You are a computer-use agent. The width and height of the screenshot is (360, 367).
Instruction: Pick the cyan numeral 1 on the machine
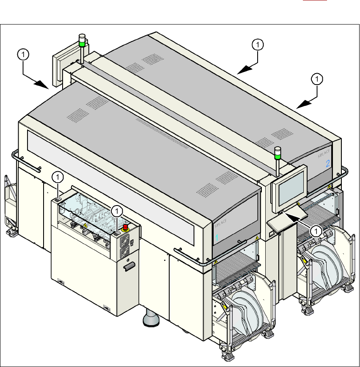tap(217, 238)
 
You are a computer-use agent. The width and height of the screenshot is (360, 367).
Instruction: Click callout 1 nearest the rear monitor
tap(24, 54)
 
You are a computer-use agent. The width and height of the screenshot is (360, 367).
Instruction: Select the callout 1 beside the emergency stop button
tap(117, 210)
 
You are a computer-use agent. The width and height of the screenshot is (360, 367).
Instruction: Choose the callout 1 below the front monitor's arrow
tap(316, 230)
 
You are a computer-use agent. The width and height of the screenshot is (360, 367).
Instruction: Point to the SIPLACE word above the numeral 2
tap(324, 154)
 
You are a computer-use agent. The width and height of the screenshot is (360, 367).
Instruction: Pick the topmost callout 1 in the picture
tap(258, 44)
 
